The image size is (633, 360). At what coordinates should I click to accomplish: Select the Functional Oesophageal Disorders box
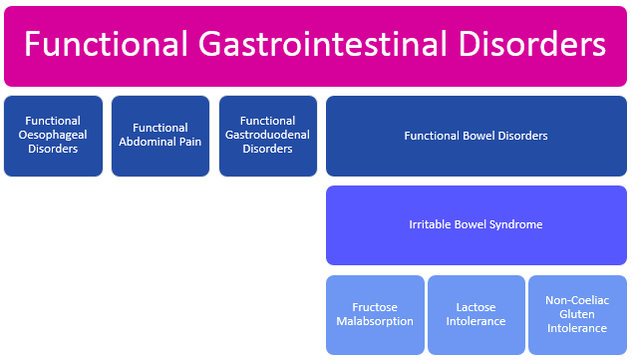(53, 136)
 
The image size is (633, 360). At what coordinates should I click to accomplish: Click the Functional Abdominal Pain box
(160, 136)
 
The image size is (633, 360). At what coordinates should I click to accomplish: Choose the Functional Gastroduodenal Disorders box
(268, 136)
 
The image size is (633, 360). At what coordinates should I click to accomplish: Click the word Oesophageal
(53, 135)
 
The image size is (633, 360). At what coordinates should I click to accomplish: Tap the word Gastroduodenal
(268, 135)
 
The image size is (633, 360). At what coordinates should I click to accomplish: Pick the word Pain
(189, 142)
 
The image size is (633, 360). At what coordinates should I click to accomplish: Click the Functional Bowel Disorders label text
(475, 136)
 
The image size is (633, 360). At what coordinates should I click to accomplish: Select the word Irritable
(431, 224)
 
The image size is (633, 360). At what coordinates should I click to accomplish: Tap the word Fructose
(375, 307)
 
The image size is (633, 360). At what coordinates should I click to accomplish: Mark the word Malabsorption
(375, 321)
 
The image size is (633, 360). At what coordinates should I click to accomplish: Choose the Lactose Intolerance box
(476, 314)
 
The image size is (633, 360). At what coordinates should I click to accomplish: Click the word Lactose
(476, 307)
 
